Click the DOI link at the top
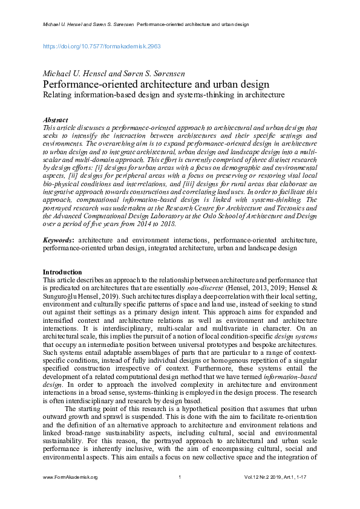[x=101, y=45]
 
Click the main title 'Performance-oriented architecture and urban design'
[x=156, y=85]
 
